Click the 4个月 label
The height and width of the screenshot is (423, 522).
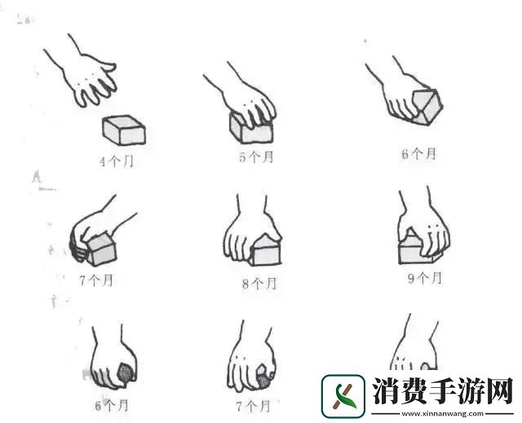click(116, 161)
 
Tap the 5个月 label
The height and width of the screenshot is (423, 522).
click(255, 157)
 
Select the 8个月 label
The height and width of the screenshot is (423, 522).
click(259, 284)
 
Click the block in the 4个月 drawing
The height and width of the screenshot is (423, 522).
click(124, 130)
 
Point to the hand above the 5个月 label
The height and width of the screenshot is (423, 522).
click(245, 98)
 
